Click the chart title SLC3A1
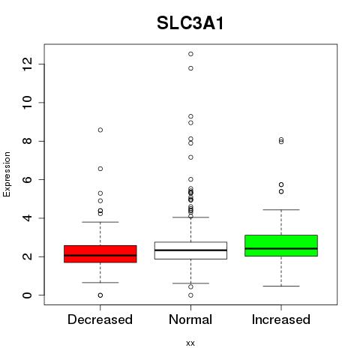190,23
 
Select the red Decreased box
100,254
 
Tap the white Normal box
190,250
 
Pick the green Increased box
281,245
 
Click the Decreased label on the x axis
100,319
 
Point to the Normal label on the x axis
190,319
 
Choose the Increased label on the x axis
281,319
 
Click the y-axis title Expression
7,174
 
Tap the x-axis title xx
190,343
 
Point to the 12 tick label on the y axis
27,64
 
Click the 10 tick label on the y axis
27,103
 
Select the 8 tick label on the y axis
27,141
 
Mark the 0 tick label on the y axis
27,295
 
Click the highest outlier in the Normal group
190,54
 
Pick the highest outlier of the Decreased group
100,130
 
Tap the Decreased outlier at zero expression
100,295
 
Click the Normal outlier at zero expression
190,295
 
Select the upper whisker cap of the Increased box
281,210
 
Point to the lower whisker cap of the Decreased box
100,283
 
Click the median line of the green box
281,248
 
